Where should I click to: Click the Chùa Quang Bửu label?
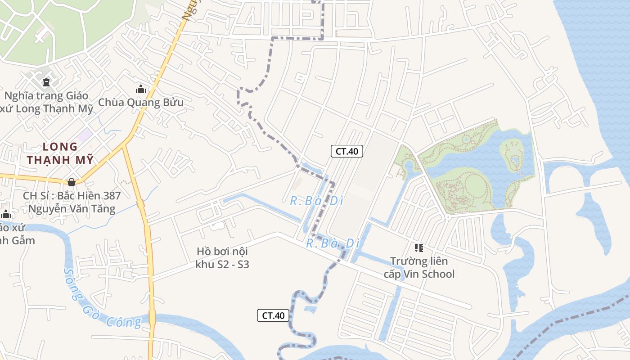[141, 103]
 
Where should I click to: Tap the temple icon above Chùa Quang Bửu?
[141, 89]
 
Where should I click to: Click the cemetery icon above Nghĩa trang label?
[46, 82]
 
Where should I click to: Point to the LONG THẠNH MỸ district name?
[60, 153]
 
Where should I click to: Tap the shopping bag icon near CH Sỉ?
[71, 182]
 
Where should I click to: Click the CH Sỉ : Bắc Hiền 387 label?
[72, 196]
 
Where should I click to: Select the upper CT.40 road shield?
[346, 151]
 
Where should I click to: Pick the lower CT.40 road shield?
[273, 315]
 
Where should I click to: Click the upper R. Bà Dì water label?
[313, 201]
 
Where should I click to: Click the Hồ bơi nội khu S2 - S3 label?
[222, 258]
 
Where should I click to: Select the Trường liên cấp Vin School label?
[419, 268]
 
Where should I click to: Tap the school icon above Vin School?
[419, 247]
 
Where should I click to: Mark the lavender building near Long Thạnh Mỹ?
[84, 134]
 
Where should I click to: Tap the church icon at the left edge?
[5, 214]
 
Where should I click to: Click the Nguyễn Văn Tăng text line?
[72, 209]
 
